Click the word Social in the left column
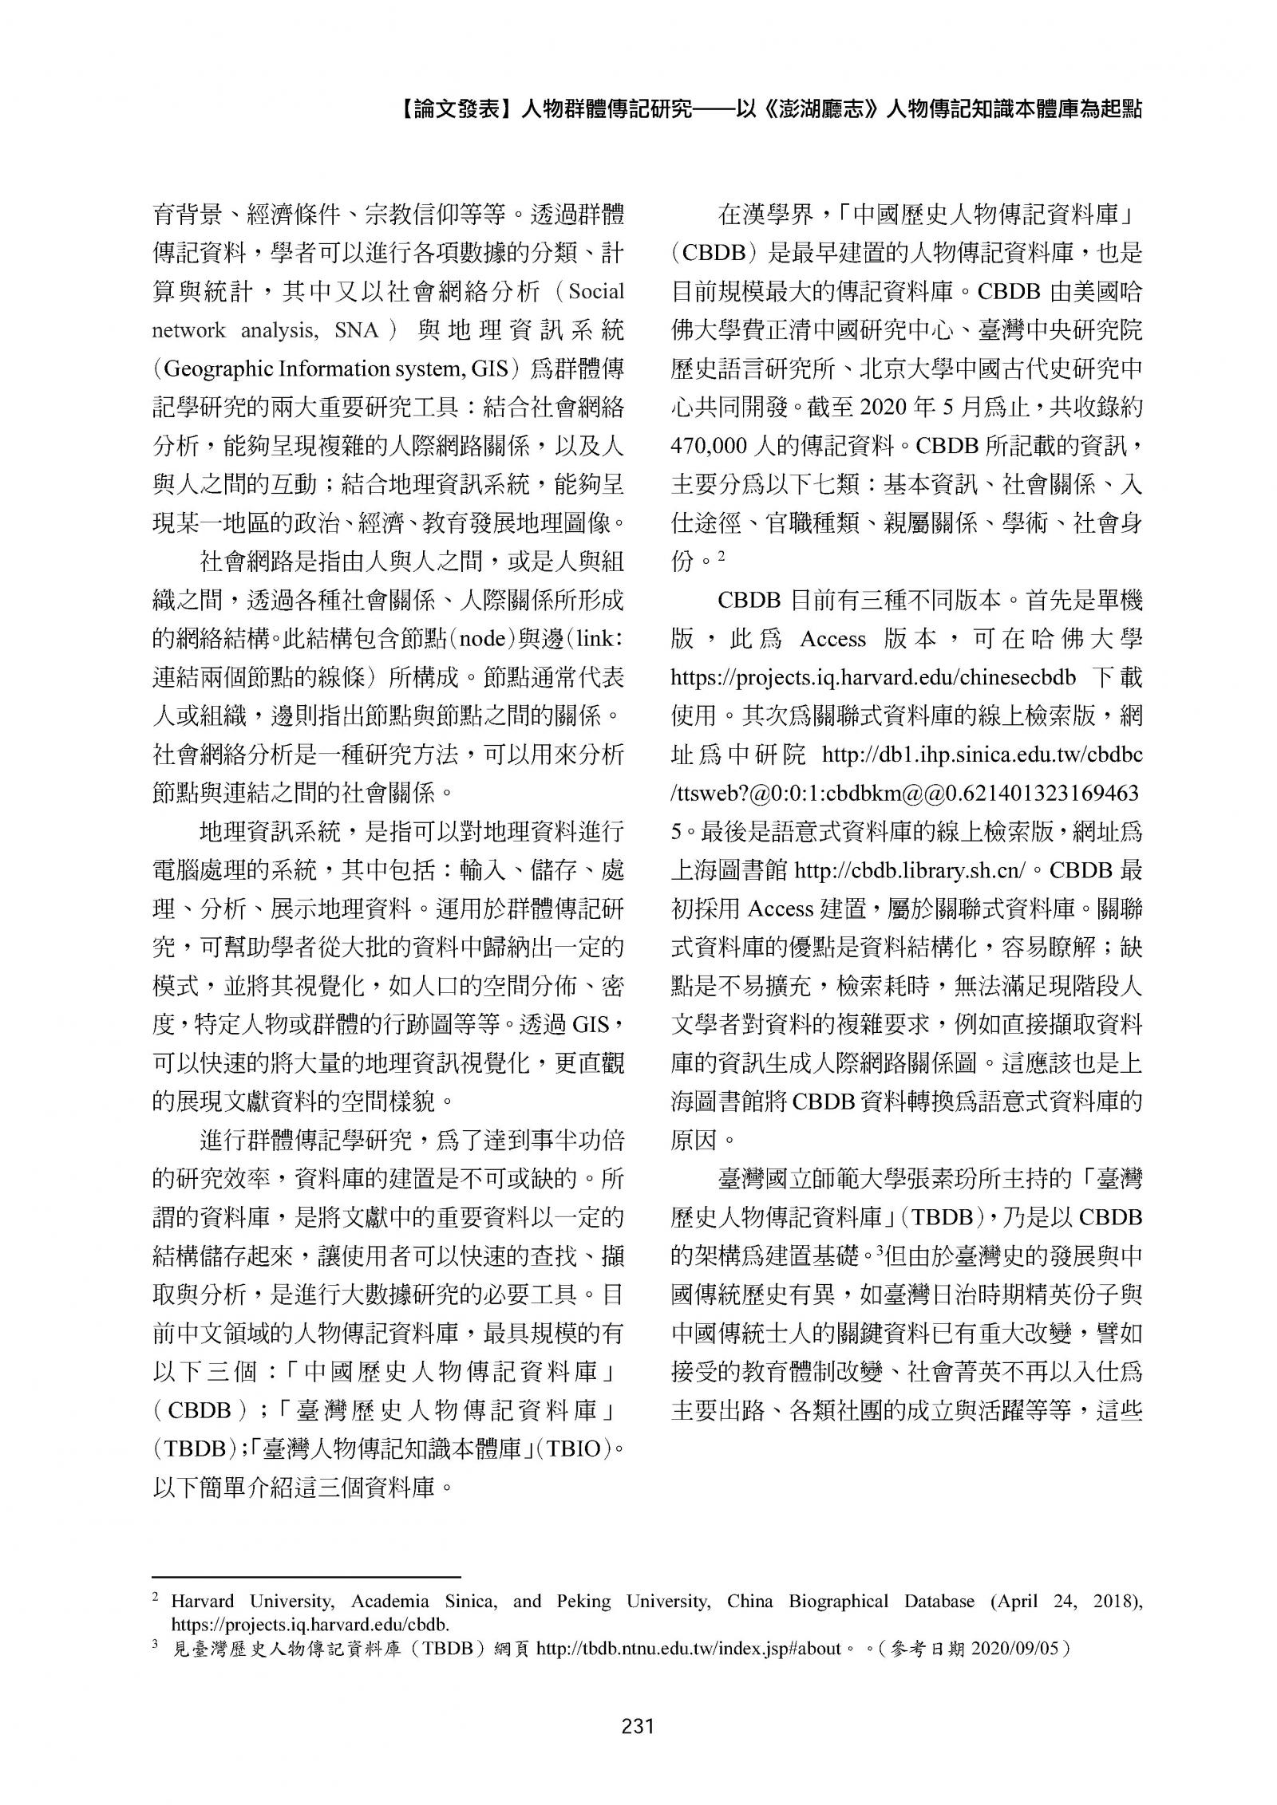596,292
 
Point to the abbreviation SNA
356,330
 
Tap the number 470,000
708,446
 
